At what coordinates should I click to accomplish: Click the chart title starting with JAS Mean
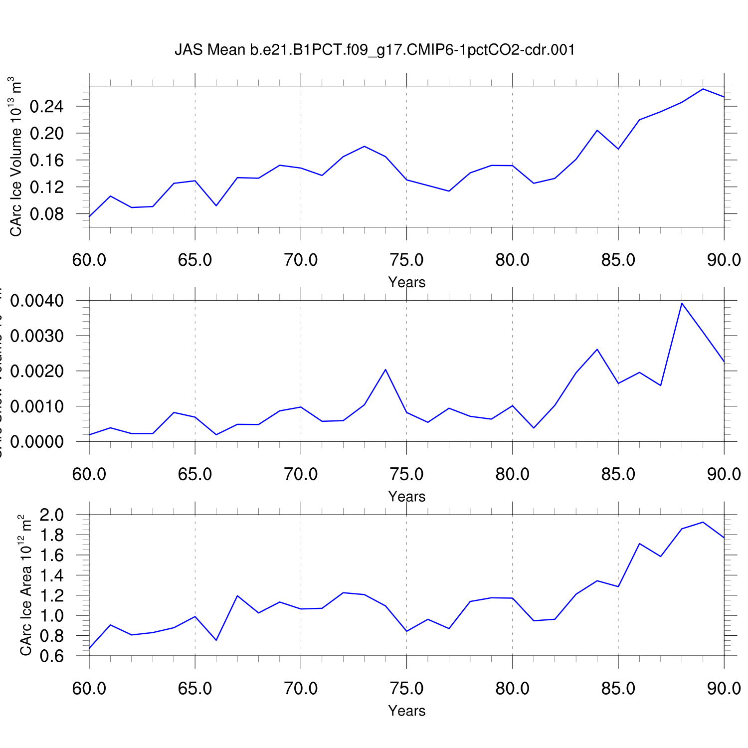pos(374,50)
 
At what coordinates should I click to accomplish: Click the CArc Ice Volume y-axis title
pos(15,157)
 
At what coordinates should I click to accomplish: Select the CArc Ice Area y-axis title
pos(25,586)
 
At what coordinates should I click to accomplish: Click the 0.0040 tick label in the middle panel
pos(37,301)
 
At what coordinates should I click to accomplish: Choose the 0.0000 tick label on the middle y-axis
pos(37,442)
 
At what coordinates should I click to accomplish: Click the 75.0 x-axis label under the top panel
pos(407,260)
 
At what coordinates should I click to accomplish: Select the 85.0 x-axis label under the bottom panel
pos(618,689)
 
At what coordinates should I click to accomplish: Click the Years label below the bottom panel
pos(407,711)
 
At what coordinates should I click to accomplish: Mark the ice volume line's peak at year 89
pos(703,89)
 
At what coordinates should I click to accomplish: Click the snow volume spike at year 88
pos(682,303)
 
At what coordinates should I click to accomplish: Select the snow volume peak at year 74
pos(385,370)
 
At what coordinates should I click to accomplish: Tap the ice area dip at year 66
pos(216,640)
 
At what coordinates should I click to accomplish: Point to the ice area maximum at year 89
pos(703,522)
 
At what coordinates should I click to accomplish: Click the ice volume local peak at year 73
pos(365,146)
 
